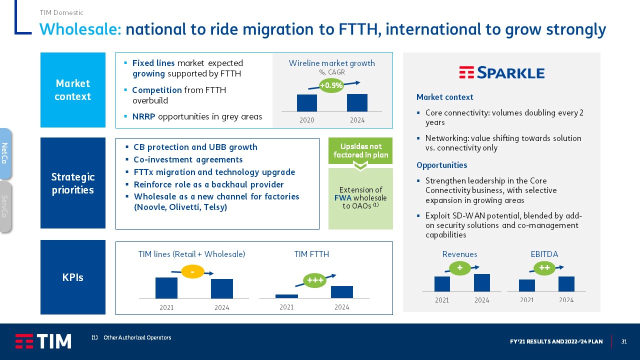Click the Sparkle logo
coord(501,72)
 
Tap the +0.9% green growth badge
coord(331,85)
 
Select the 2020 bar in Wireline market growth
coord(307,103)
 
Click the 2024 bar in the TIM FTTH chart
coord(341,292)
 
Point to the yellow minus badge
coord(192,271)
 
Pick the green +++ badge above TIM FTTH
coord(315,280)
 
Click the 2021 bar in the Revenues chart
coord(442,284)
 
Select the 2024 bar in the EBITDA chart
coord(566,284)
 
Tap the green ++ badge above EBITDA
coord(544,268)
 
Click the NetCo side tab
coord(5,153)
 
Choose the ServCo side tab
coord(5,206)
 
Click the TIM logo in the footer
coord(43,341)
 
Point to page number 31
coord(624,341)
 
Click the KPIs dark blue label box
coord(73,277)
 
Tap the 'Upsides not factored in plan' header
coord(360,150)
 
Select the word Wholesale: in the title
coord(80,29)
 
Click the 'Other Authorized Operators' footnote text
coord(137,337)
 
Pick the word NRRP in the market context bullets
coord(143,116)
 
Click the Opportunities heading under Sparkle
coord(441,165)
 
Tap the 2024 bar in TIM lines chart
coord(221,289)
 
